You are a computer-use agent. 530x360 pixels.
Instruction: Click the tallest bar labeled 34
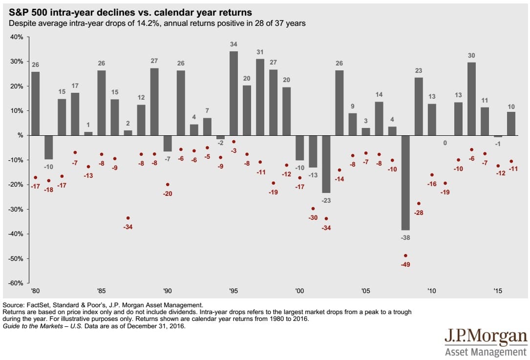point(233,93)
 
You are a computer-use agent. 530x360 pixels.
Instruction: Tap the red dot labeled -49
point(405,255)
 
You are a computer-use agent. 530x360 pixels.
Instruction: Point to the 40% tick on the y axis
point(18,37)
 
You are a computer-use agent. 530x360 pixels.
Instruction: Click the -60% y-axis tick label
point(17,283)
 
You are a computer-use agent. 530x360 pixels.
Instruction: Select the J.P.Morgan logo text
point(486,338)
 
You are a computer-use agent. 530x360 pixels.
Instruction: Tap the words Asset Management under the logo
point(486,352)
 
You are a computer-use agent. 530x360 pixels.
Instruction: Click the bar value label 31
point(260,52)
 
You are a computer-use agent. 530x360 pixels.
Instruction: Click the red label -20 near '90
point(168,193)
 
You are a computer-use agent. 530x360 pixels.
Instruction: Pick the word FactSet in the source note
point(40,305)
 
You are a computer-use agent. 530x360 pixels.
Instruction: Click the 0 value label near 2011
point(445,143)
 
